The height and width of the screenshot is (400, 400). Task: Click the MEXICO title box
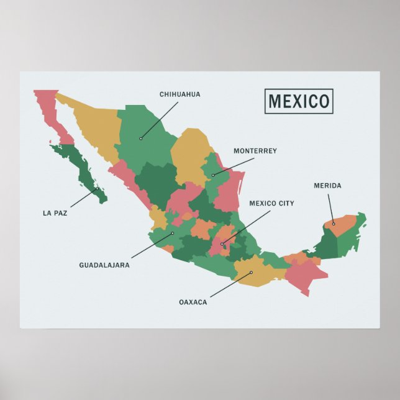[299, 101]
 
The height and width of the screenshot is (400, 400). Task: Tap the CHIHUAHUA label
[180, 94]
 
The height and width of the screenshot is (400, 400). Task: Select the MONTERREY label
[255, 151]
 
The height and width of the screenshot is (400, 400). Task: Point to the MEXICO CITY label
[271, 203]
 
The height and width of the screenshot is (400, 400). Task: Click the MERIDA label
[327, 186]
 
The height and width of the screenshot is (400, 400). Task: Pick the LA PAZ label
[55, 213]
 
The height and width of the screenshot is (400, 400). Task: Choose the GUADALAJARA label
[104, 265]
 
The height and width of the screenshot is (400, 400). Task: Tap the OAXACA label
[193, 302]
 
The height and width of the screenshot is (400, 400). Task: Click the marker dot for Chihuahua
[140, 139]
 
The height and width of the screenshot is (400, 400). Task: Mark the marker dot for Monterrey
[212, 175]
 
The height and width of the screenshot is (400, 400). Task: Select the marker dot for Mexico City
[222, 244]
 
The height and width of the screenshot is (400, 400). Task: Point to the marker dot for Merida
[333, 224]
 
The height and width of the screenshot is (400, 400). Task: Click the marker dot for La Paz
[98, 189]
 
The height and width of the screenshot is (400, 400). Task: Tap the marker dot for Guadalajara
[173, 234]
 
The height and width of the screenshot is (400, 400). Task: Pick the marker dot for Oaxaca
[252, 272]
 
